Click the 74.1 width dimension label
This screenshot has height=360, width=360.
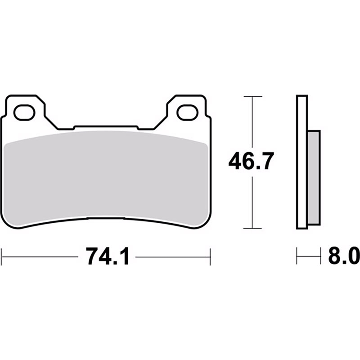pos(108,256)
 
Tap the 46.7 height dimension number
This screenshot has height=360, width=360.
pos(251,161)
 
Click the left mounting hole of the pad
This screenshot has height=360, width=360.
pos(24,112)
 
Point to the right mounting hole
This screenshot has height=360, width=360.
pos(187,112)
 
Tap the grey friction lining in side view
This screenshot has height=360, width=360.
pos(313,178)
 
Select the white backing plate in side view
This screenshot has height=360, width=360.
pos(302,162)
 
